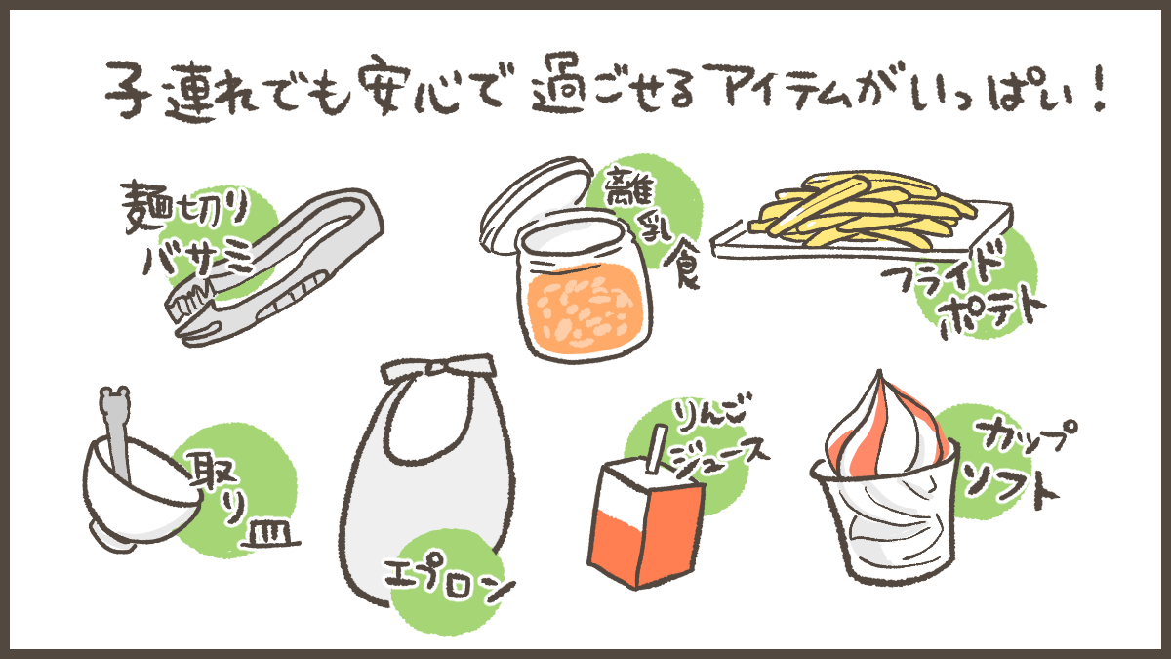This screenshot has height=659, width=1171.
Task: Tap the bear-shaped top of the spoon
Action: click(114, 401)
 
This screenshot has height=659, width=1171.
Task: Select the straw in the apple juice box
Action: click(656, 449)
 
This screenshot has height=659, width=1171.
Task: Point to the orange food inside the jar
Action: click(585, 309)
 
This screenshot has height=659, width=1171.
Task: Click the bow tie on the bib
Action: click(438, 368)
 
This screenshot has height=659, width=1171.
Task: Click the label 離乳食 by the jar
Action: click(654, 226)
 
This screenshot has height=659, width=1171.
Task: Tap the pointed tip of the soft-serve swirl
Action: click(880, 372)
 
